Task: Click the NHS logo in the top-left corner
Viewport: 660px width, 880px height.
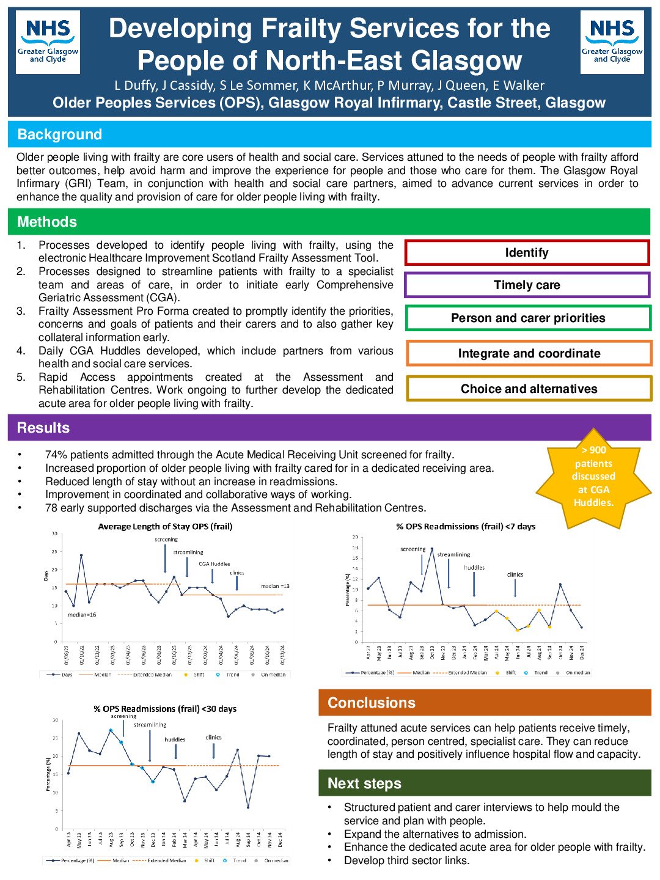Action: click(x=48, y=42)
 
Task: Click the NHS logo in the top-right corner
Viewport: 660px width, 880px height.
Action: click(x=612, y=42)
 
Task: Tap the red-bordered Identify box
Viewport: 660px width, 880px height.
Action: click(x=527, y=253)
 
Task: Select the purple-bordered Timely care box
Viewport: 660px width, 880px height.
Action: click(x=527, y=285)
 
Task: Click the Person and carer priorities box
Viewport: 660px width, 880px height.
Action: click(x=528, y=318)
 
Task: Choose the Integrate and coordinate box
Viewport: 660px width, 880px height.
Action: click(x=529, y=354)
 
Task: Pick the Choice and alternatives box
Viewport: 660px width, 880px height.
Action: click(x=529, y=389)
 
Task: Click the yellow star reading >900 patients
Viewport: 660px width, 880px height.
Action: click(x=593, y=477)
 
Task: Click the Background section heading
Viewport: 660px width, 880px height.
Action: click(x=60, y=134)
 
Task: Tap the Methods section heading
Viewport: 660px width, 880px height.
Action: click(x=47, y=222)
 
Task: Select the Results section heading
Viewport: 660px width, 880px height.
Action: click(x=43, y=428)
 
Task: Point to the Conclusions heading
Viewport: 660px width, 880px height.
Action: click(x=372, y=703)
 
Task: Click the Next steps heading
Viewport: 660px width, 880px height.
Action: click(x=364, y=783)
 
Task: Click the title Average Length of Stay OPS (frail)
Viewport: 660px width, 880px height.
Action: click(x=165, y=526)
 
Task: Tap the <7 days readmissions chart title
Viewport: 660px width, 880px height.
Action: click(x=466, y=526)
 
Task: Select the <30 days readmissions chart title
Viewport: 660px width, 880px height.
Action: click(x=165, y=709)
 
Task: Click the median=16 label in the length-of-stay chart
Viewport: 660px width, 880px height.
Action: click(x=82, y=615)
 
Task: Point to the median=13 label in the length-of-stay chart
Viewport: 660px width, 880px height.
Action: click(x=275, y=586)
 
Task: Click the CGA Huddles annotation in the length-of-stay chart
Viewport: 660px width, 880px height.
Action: click(x=214, y=564)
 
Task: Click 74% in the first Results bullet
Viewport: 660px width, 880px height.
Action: click(x=54, y=455)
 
